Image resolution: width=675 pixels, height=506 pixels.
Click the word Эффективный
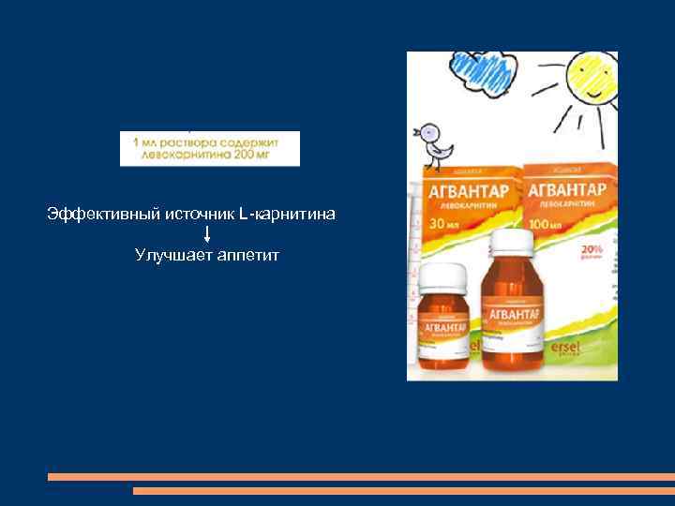tap(103, 215)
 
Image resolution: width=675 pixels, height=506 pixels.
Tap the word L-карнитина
tap(287, 215)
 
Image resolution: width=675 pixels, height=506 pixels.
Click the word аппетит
tap(247, 254)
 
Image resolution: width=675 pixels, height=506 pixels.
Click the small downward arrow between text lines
tap(206, 234)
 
